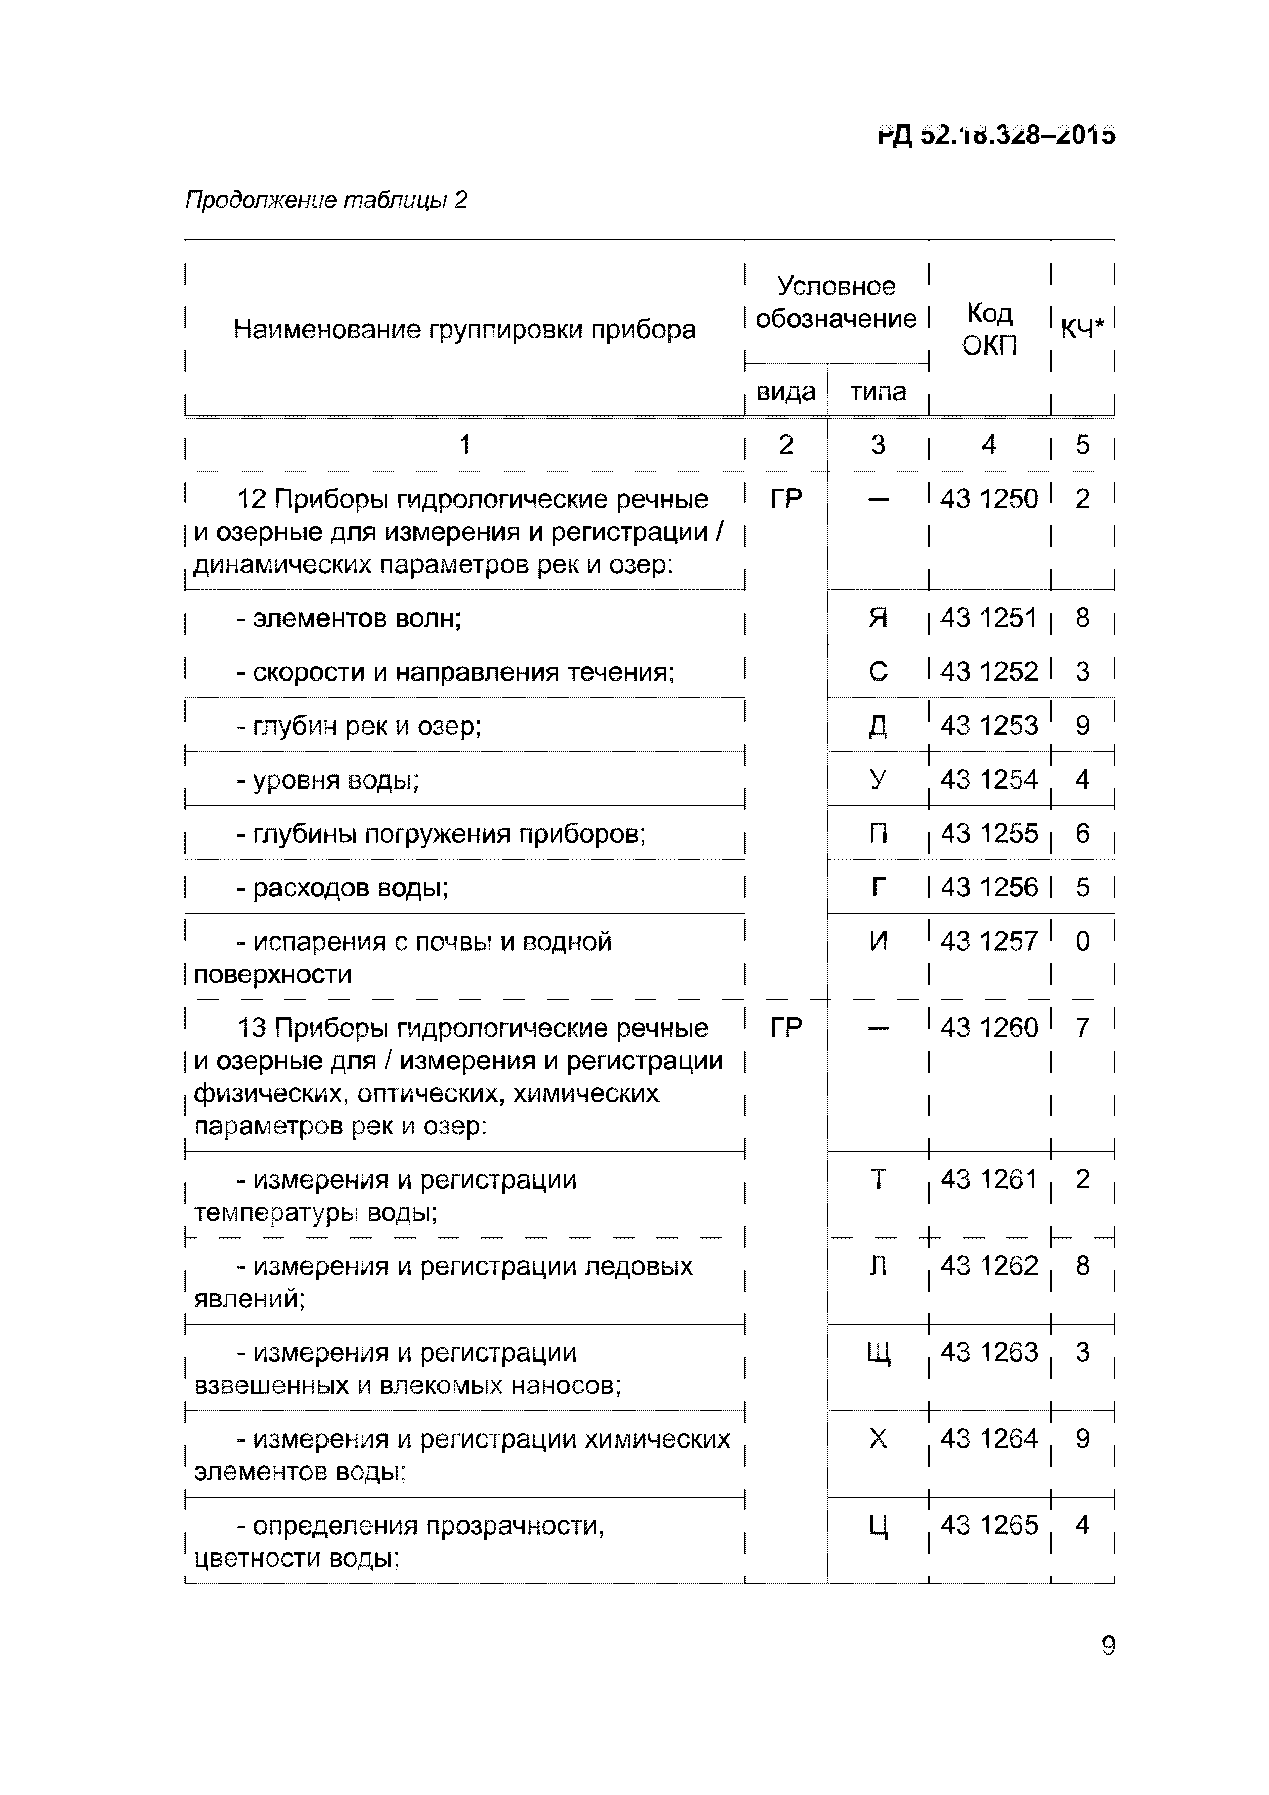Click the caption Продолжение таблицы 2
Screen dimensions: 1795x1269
coord(325,200)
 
